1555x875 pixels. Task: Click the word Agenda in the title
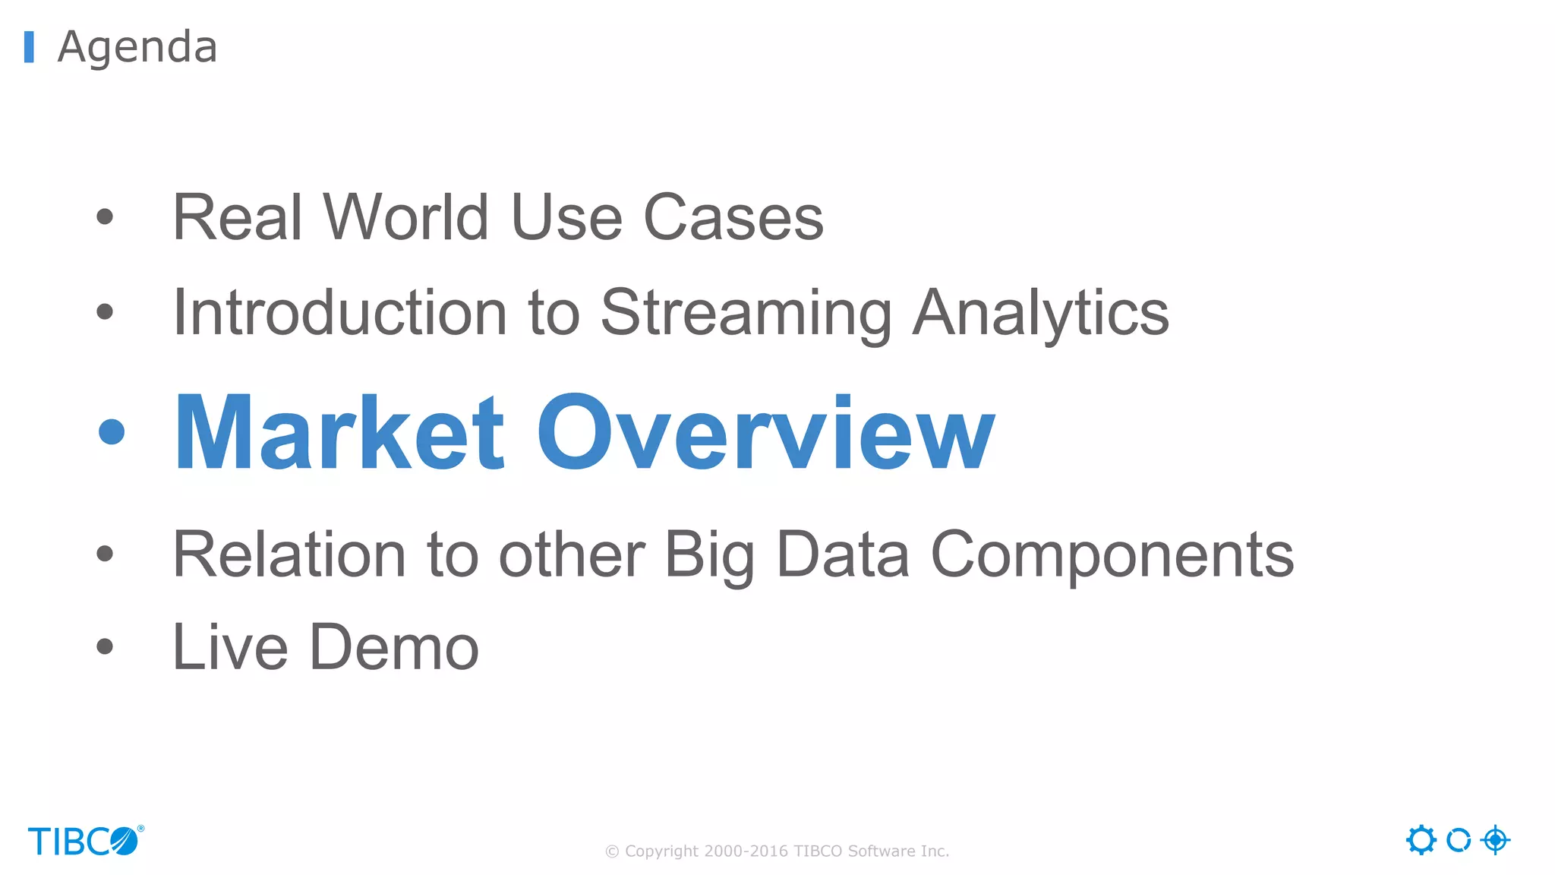coord(137,47)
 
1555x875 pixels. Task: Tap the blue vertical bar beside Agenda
coord(29,47)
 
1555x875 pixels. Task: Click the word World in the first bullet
coord(405,217)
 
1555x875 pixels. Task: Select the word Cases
coord(733,217)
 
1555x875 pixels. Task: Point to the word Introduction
coord(339,312)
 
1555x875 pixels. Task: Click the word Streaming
coord(746,312)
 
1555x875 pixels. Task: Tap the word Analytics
coord(1040,312)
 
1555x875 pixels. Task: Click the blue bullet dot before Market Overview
coord(112,431)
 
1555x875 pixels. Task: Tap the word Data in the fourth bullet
coord(842,554)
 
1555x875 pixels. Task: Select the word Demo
coord(394,647)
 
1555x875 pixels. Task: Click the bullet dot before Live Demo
coord(105,647)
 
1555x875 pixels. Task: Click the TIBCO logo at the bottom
coord(84,841)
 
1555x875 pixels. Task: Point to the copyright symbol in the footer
coord(612,851)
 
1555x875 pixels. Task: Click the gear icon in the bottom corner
coord(1421,840)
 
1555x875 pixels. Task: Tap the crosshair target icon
coord(1495,840)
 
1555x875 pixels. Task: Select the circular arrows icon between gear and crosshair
coord(1458,840)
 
